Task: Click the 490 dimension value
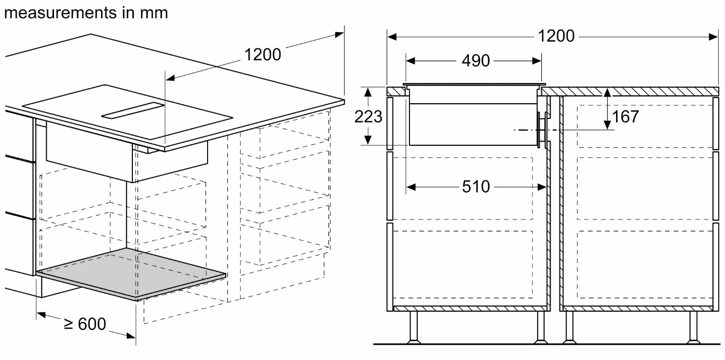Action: [x=475, y=61]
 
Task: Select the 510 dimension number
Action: [x=476, y=187]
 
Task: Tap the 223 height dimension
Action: [x=368, y=116]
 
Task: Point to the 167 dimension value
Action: [x=625, y=116]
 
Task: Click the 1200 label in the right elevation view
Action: [x=556, y=36]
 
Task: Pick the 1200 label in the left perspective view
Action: [x=263, y=54]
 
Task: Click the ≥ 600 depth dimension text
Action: [x=85, y=324]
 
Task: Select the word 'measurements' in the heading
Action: [x=61, y=13]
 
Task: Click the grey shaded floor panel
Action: [x=131, y=274]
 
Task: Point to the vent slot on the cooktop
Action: [x=133, y=111]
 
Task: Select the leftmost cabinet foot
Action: [x=414, y=327]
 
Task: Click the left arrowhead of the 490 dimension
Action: [x=411, y=61]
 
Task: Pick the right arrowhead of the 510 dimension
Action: [x=542, y=187]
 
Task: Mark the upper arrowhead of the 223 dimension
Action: [x=367, y=92]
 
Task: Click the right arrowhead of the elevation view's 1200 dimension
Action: [x=713, y=37]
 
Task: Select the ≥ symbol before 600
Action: [x=69, y=324]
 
